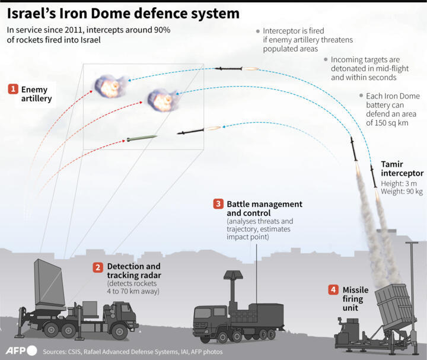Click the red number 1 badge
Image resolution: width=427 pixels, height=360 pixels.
pos(12,90)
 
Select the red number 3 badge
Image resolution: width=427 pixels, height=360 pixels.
pos(218,204)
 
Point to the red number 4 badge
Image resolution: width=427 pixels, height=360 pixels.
pos(334,290)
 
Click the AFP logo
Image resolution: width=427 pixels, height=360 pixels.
pos(21,350)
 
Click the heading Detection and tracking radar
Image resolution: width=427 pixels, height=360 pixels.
pos(133,271)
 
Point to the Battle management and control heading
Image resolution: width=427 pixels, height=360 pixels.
pos(264,208)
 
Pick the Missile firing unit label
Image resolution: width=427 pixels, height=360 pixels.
pos(353,295)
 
